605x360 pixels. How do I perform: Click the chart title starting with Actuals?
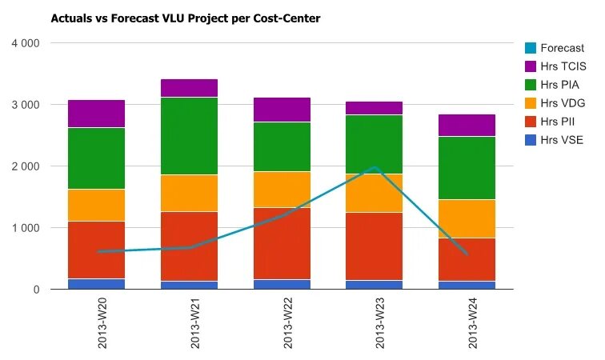[x=186, y=18]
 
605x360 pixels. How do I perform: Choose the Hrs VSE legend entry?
[x=561, y=140]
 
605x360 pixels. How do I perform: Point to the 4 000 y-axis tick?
[x=24, y=43]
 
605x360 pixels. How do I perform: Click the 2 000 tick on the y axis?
[x=24, y=166]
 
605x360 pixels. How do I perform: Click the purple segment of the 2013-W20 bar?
[x=96, y=114]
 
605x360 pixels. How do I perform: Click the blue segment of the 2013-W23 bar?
[x=375, y=285]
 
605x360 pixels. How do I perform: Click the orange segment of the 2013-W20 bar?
[x=96, y=205]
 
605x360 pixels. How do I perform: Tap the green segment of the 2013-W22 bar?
[x=282, y=146]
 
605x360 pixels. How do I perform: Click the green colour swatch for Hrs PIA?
[x=531, y=85]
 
